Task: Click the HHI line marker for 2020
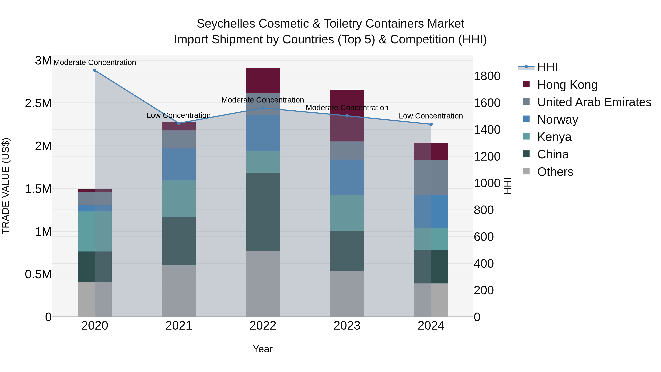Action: [95, 70]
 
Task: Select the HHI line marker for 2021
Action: [179, 123]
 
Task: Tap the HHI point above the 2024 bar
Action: [431, 124]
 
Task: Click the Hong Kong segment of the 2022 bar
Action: [263, 81]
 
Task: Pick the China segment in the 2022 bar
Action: [263, 212]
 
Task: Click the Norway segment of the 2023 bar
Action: [347, 177]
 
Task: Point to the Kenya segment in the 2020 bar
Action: [95, 231]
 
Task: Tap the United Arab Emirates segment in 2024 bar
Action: [431, 177]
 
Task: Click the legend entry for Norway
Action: [558, 120]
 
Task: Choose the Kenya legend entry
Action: [554, 137]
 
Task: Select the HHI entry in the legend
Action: [547, 67]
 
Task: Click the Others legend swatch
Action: [526, 171]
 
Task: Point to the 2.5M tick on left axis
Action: [38, 103]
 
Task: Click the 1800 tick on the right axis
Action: [487, 76]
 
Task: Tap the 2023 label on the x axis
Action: [347, 326]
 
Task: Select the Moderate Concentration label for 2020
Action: [95, 62]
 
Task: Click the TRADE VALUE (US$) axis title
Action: [6, 186]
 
